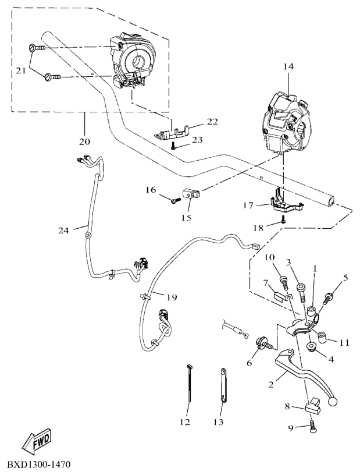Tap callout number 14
[289, 68]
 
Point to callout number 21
[20, 70]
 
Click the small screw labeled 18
[283, 220]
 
